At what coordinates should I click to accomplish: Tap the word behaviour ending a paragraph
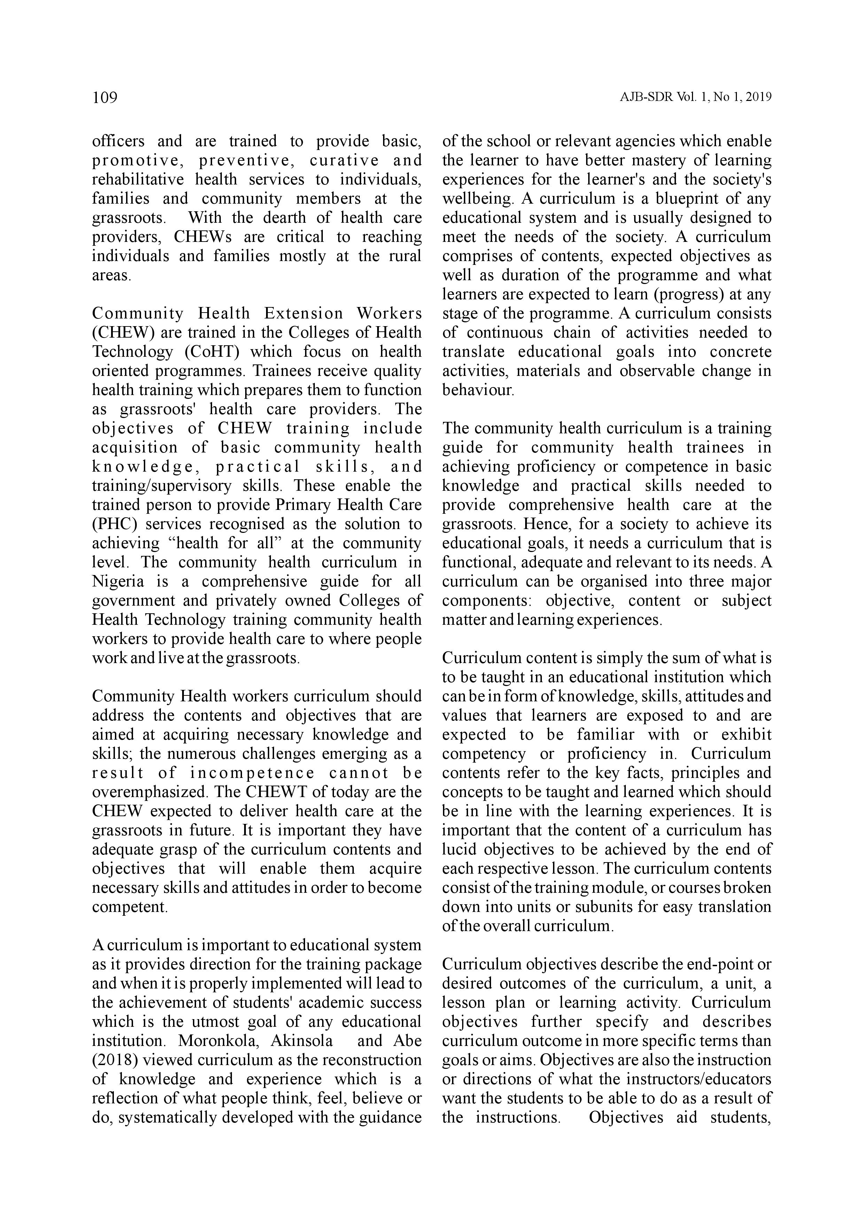click(x=478, y=390)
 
